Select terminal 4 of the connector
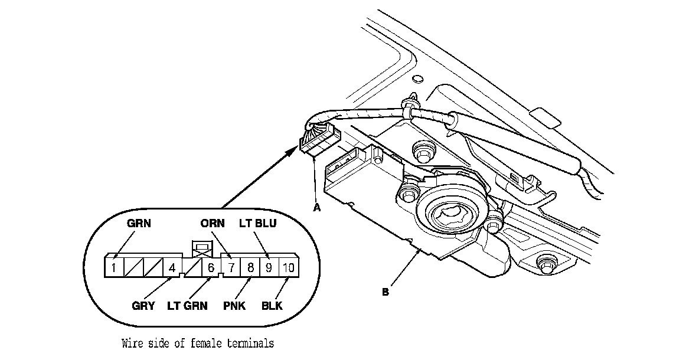172,267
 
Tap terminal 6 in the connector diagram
210,267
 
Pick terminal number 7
231,267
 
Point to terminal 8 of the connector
250,267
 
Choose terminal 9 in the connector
269,267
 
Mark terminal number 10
288,267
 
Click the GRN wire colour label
140,224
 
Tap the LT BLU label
258,224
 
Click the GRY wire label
143,306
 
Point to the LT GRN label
189,306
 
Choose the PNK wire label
237,306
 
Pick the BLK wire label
273,306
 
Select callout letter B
386,292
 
